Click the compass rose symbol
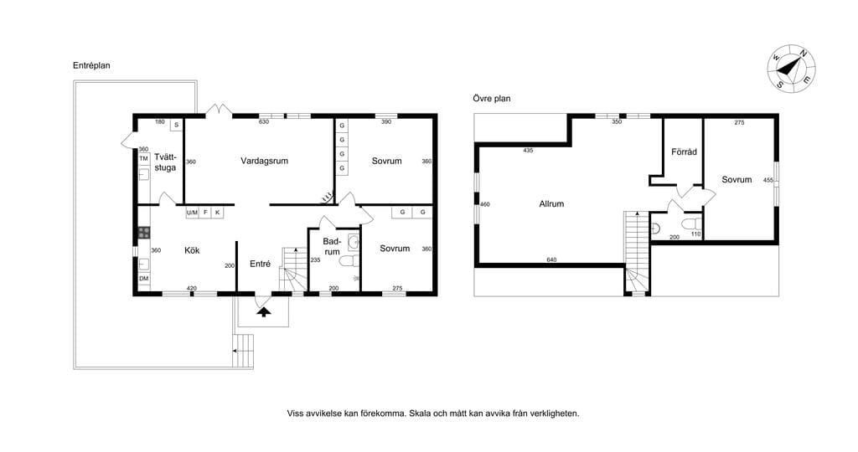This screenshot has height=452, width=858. click(791, 68)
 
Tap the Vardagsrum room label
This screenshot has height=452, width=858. click(264, 162)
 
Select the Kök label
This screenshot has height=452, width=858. click(192, 250)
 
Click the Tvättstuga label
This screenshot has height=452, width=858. click(165, 162)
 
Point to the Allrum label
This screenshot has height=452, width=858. click(551, 204)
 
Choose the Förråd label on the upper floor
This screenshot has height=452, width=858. click(684, 152)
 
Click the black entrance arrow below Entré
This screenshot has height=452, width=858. click(264, 312)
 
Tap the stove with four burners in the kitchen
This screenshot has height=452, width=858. click(144, 233)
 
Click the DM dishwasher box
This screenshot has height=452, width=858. click(144, 279)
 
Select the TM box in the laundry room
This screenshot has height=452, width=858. click(144, 159)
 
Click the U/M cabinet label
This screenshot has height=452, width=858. click(192, 212)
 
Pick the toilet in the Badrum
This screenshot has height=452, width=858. click(349, 261)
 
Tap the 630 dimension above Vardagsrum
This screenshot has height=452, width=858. click(264, 122)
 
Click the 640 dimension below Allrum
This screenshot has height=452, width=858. click(551, 260)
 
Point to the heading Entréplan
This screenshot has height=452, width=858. click(91, 65)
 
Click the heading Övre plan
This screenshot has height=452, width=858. click(491, 99)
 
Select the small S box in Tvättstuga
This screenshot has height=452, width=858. click(176, 126)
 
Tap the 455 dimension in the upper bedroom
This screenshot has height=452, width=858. click(768, 180)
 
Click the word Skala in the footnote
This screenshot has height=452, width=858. click(421, 413)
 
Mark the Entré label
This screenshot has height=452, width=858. click(260, 264)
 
